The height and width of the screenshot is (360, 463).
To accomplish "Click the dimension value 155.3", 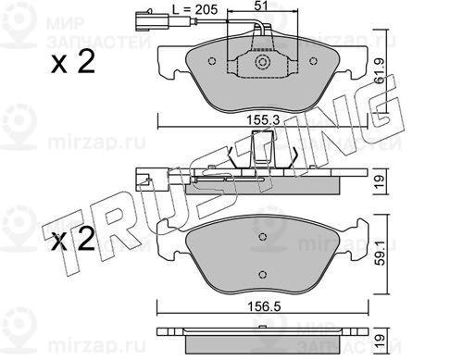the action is (x=263, y=119).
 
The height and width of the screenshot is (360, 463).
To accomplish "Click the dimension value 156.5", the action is (x=265, y=306).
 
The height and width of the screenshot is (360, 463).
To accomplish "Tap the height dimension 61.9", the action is (x=379, y=71).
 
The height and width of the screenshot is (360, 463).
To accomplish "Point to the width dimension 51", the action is (x=261, y=6).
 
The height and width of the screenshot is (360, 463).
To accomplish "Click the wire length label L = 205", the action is (x=195, y=9).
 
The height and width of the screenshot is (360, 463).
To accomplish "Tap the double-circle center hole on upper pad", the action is (x=263, y=62).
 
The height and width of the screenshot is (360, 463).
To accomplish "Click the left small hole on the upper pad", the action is (x=212, y=61).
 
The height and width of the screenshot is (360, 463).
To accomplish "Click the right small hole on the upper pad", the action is (x=313, y=61).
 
